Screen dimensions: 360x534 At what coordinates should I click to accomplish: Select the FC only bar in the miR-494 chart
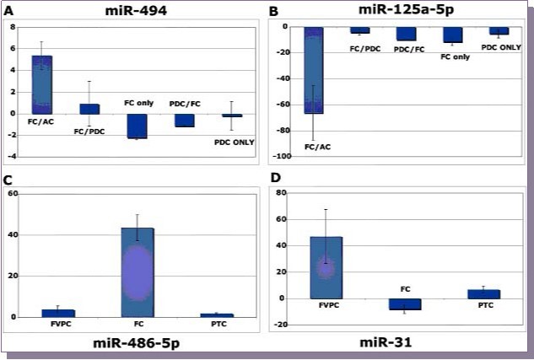(137, 126)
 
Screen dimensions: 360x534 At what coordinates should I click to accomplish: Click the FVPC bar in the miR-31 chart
(326, 267)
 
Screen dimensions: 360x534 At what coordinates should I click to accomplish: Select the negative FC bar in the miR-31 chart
(405, 304)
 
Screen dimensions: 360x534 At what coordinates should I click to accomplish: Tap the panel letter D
(272, 180)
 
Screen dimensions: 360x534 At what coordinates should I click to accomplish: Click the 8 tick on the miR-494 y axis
(13, 26)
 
